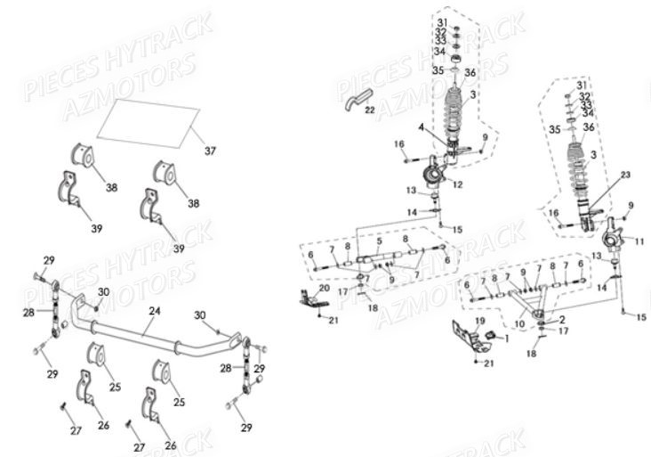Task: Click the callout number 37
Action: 210,151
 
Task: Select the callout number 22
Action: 369,109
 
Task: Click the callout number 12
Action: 457,185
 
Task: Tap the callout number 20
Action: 324,288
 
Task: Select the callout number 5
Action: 379,241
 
